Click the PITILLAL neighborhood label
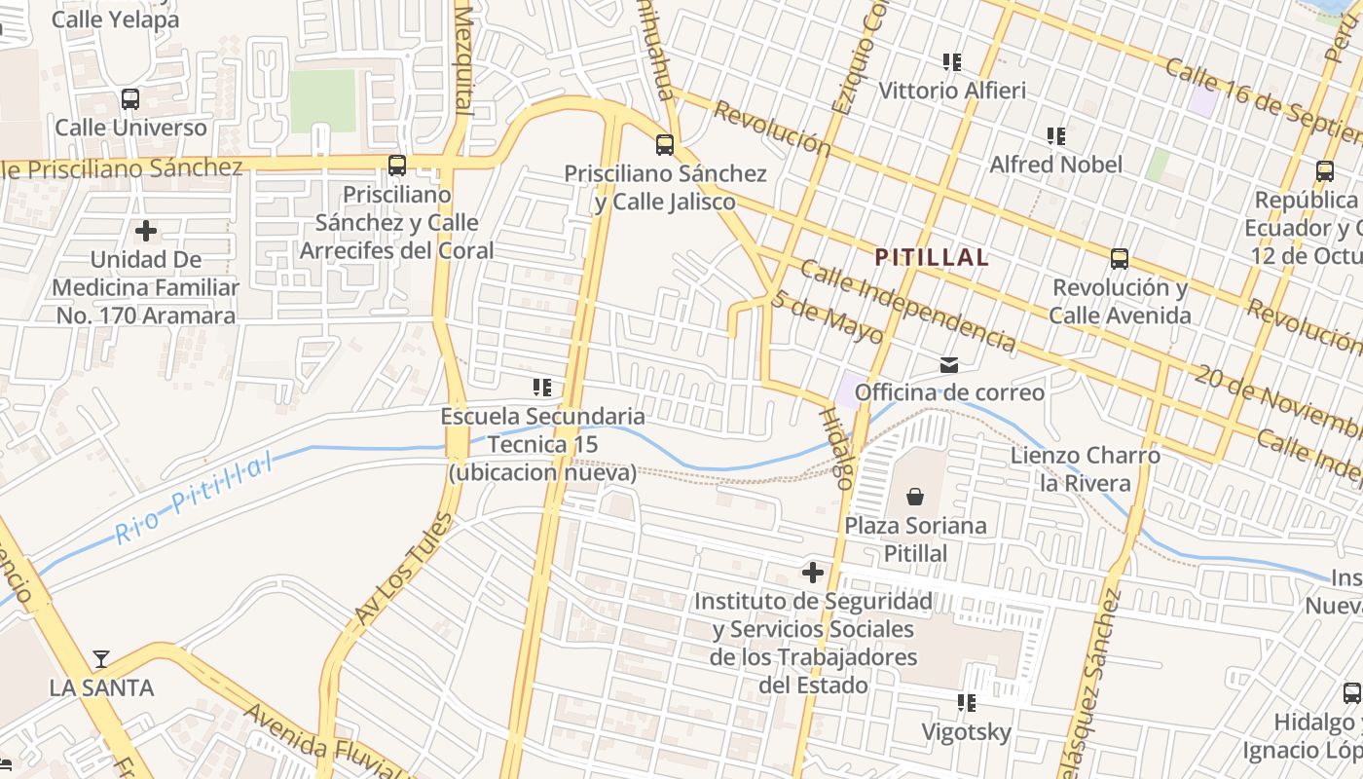pyautogui.click(x=932, y=258)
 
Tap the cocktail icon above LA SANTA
pyautogui.click(x=101, y=659)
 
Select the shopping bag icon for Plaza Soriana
pyautogui.click(x=915, y=497)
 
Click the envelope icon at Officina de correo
pyautogui.click(x=948, y=365)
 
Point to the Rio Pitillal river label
pyautogui.click(x=194, y=501)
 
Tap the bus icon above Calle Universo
pyautogui.click(x=129, y=99)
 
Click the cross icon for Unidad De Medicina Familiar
pyautogui.click(x=146, y=231)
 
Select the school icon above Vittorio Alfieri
pyautogui.click(x=952, y=62)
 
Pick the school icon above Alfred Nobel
pyautogui.click(x=1056, y=135)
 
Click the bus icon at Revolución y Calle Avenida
pyautogui.click(x=1120, y=259)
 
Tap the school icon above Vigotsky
pyautogui.click(x=967, y=702)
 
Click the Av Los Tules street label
pyautogui.click(x=403, y=570)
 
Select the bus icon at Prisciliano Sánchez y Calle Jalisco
pyautogui.click(x=665, y=145)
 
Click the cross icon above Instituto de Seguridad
pyautogui.click(x=812, y=573)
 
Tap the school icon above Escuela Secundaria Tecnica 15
pyautogui.click(x=542, y=388)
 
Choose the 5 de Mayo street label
pyautogui.click(x=828, y=317)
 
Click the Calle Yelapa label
pyautogui.click(x=115, y=19)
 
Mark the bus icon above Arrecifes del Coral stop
pyautogui.click(x=397, y=166)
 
